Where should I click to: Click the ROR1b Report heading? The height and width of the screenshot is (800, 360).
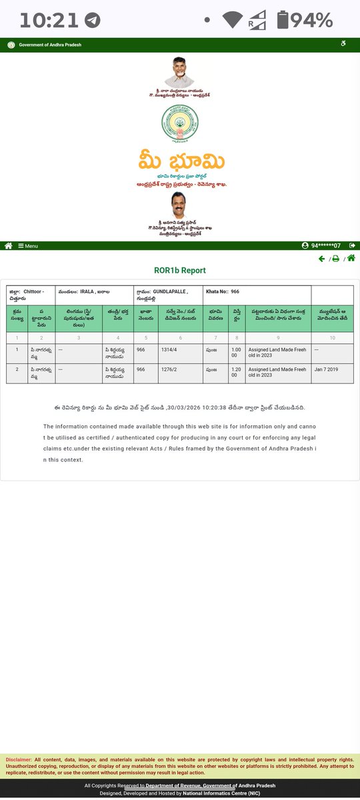pos(180,271)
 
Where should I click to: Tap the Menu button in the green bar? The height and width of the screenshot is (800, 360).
pos(27,246)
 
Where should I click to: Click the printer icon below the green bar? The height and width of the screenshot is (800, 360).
pos(336,259)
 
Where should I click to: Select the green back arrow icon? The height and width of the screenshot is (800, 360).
pos(322,259)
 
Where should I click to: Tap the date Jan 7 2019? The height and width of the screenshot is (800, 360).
pos(323,369)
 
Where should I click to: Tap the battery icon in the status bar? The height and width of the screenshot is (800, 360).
pos(283,20)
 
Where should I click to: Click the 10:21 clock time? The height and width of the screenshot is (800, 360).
pos(50,20)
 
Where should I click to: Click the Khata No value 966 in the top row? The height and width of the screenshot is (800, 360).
pos(235,291)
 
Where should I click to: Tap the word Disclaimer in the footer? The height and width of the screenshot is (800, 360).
pos(19,760)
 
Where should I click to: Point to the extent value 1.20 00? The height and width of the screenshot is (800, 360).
pos(236,372)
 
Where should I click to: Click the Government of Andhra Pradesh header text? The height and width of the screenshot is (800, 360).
pos(51,45)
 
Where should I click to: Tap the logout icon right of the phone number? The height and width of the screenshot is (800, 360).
pos(351,246)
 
